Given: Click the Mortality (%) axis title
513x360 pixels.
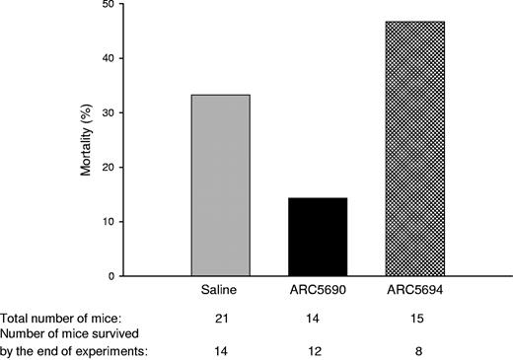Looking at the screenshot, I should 114,140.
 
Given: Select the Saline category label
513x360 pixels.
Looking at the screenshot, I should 220,293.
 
